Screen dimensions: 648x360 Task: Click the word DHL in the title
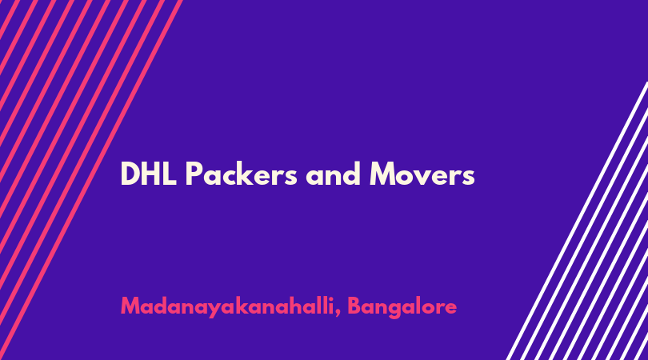[x=148, y=174]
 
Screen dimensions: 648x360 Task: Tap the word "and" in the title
[x=333, y=174]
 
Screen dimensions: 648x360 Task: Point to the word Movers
[x=422, y=174]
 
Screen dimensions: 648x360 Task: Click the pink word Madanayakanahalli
[x=227, y=307]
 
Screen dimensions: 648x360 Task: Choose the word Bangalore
[x=402, y=307]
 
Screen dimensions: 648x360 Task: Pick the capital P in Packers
[x=194, y=174]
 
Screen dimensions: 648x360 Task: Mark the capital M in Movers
[x=384, y=174]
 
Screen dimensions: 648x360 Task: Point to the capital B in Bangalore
[x=355, y=306]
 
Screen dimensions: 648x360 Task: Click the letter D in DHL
[x=130, y=174]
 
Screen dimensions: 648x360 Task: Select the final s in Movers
[x=468, y=177]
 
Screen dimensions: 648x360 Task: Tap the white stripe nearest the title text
[x=576, y=221]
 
